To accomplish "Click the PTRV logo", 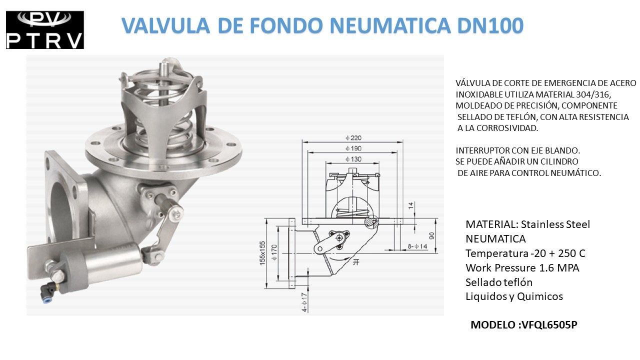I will [x=44, y=30].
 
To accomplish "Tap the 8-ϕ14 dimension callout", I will [x=417, y=246].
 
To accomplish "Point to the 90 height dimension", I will [x=431, y=235].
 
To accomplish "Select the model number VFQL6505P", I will [x=549, y=325].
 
